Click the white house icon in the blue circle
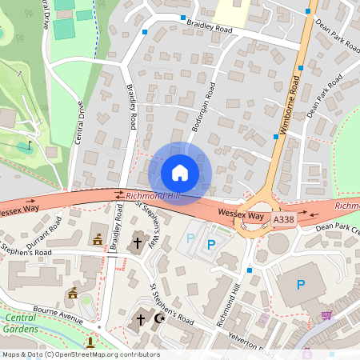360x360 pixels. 179,172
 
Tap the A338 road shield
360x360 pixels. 283,218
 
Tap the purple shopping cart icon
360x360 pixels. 326,315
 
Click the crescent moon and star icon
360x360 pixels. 158,318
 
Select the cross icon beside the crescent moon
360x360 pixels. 141,319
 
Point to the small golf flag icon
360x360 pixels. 30,146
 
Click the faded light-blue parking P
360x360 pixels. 190,238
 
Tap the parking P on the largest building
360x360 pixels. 301,285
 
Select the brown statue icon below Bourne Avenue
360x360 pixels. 90,342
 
